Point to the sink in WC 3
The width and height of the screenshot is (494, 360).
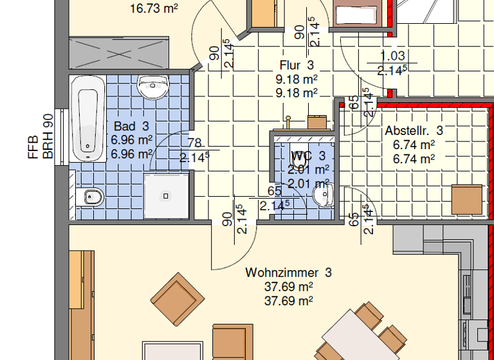pos(322,193)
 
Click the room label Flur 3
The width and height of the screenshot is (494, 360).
pos(297,65)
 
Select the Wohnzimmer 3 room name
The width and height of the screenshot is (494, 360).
pos(288,273)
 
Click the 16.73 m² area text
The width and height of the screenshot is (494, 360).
pos(154,8)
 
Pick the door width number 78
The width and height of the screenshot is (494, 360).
pos(194,143)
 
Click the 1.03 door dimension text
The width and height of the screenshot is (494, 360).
pos(392,57)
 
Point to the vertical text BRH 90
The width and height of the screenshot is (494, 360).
pos(48,137)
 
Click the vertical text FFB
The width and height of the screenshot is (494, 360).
pos(33,147)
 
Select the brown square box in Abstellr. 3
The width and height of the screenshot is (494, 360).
pos(466,199)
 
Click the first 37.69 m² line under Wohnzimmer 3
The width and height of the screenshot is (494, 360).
pos(288,287)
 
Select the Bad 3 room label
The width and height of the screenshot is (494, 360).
pos(131,127)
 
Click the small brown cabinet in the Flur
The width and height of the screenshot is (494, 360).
pos(317,122)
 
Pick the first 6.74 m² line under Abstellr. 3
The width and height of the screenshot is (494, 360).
pos(414,145)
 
